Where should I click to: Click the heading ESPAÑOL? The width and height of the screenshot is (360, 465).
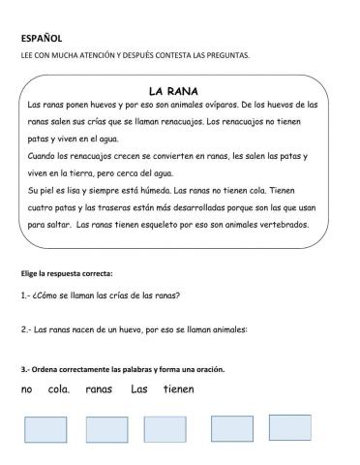42,39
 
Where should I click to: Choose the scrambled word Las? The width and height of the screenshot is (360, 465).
139,389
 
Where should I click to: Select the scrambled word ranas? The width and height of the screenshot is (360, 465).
100,389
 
